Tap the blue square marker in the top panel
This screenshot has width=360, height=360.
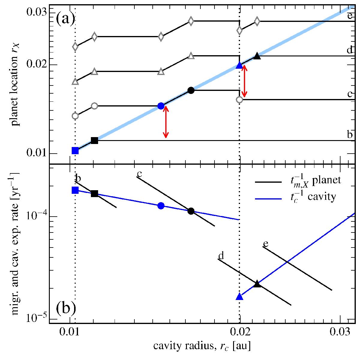[x=75, y=150]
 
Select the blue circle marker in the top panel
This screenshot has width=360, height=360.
[x=161, y=106]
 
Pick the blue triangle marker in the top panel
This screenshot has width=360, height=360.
[x=239, y=65]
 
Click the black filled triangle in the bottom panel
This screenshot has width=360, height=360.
[x=257, y=284]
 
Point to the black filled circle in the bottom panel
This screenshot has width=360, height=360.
[x=191, y=211]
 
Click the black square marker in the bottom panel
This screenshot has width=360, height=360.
[x=94, y=194]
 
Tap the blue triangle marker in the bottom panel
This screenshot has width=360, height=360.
[x=239, y=296]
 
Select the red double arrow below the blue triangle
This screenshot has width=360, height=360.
[x=245, y=81]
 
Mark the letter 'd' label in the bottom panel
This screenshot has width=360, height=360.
[x=221, y=256]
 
